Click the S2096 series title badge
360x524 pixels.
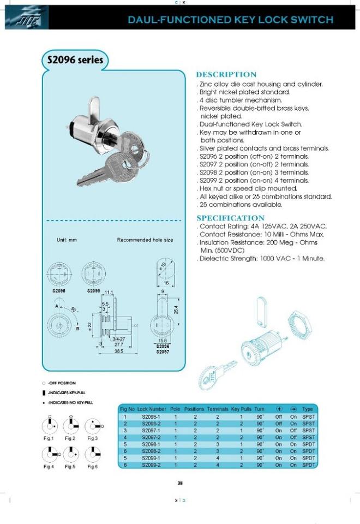[73, 60]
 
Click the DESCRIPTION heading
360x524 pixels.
[226, 75]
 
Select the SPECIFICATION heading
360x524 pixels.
[230, 218]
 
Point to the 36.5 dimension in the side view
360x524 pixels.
[118, 352]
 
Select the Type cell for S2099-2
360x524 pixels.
[308, 465]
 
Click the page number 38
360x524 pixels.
[180, 482]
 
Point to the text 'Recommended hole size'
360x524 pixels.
[145, 240]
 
